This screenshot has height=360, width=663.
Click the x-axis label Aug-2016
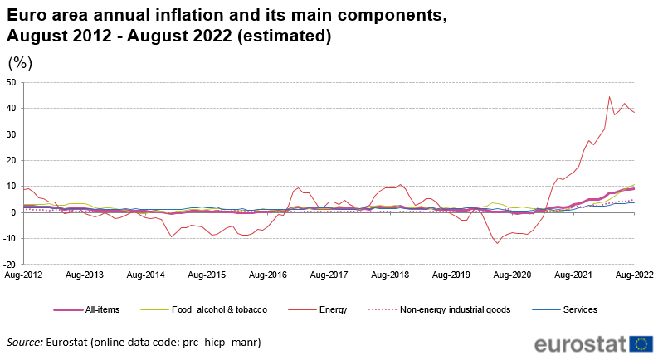click(x=268, y=273)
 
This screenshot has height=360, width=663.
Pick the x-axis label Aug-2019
click(x=451, y=273)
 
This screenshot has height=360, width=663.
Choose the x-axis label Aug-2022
click(x=635, y=273)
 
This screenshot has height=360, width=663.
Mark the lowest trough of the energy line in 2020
click(x=497, y=243)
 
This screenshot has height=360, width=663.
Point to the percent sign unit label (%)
click(x=20, y=62)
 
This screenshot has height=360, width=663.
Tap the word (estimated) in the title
click(x=282, y=36)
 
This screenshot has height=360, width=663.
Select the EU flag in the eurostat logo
click(x=641, y=343)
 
